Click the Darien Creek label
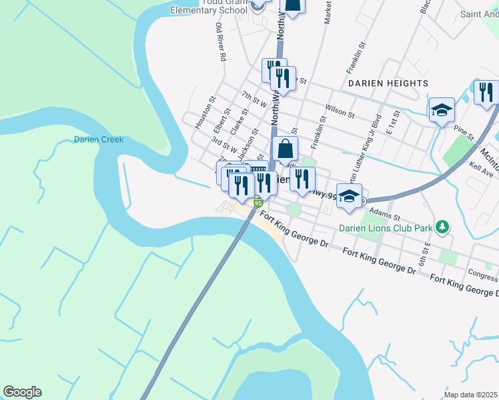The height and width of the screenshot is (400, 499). pyautogui.click(x=99, y=140)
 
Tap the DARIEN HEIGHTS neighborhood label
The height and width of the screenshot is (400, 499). pyautogui.click(x=388, y=83)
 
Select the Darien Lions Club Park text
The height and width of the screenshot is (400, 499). pyautogui.click(x=385, y=228)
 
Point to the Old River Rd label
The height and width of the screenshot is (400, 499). pyautogui.click(x=220, y=43)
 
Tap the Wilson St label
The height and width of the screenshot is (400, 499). pyautogui.click(x=340, y=110)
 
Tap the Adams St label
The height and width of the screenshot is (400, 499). pyautogui.click(x=386, y=217)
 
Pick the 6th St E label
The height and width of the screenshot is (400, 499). pyautogui.click(x=423, y=253)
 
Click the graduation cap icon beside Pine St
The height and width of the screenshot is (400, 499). pyautogui.click(x=441, y=111)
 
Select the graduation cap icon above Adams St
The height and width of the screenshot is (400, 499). pyautogui.click(x=349, y=197)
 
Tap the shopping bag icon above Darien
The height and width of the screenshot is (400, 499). pyautogui.click(x=285, y=149)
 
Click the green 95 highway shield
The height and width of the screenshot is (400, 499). pyautogui.click(x=258, y=203)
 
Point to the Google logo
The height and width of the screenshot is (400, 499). pyautogui.click(x=22, y=392)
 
